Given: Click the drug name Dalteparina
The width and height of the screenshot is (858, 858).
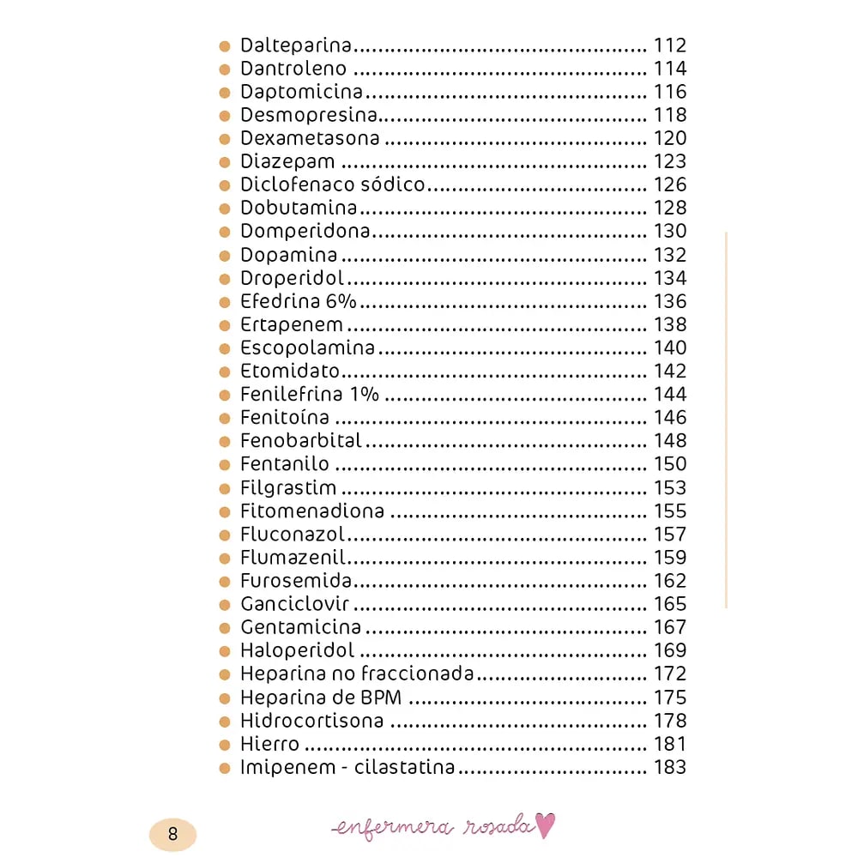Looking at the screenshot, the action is pos(297,45).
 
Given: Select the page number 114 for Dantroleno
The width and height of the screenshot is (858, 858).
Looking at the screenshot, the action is pos(670,69).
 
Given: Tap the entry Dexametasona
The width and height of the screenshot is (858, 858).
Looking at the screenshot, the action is pos(310,138).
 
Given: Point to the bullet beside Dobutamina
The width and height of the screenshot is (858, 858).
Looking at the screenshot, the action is pos(225,208).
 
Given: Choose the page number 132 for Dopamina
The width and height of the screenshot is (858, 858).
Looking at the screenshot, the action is pos(670,255).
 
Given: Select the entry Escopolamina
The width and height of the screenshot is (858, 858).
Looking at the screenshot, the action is pos(307,347).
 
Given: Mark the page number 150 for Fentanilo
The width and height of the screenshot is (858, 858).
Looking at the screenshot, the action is pos(670,464).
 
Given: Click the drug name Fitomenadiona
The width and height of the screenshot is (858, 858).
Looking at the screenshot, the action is pos(312,511).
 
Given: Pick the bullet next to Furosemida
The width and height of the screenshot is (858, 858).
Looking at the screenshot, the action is pos(225,582).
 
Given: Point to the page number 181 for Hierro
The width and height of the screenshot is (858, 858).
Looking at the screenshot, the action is pos(670,744).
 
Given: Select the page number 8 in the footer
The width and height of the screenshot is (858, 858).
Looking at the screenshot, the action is pos(172,834).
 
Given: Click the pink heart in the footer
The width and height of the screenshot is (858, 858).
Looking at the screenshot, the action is pos(546,825).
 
